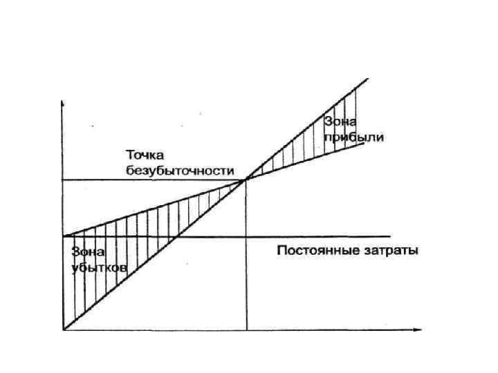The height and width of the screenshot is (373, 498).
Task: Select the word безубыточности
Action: tap(181, 170)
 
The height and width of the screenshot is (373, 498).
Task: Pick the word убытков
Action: tap(98, 268)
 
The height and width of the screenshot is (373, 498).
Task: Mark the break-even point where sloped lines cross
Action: tap(247, 180)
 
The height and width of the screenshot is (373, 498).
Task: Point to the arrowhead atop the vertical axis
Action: tap(63, 102)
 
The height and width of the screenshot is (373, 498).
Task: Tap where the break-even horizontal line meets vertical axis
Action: tap(63, 180)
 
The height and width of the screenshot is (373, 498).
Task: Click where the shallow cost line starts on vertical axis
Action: tap(63, 236)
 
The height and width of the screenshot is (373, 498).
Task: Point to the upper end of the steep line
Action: tap(365, 81)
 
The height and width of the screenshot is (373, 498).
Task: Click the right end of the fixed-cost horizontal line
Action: tap(391, 236)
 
